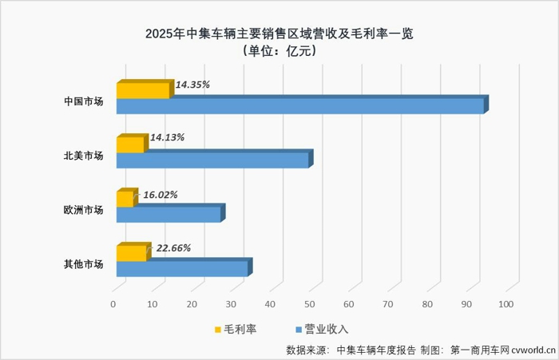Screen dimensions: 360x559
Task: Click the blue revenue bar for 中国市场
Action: click(299, 105)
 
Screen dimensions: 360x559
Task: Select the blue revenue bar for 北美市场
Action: click(212, 160)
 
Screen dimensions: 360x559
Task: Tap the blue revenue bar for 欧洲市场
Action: click(168, 214)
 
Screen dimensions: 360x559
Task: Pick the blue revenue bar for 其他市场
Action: click(181, 268)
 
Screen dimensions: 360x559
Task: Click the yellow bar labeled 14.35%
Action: click(143, 90)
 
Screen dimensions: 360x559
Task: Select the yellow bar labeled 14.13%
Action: click(130, 144)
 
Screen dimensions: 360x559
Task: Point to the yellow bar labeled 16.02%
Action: click(125, 199)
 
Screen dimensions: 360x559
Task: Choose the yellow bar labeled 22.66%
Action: click(132, 253)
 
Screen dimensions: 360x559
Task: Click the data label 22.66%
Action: click(173, 248)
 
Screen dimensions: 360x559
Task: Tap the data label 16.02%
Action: click(160, 194)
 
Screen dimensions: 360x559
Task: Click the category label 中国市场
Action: click(84, 101)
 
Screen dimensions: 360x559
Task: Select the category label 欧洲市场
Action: click(84, 209)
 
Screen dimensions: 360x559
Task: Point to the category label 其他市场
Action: click(84, 263)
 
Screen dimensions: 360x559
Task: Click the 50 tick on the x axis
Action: click(310, 304)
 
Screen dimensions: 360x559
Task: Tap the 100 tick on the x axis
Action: click(506, 304)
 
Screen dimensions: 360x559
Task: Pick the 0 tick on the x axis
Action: click(113, 304)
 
